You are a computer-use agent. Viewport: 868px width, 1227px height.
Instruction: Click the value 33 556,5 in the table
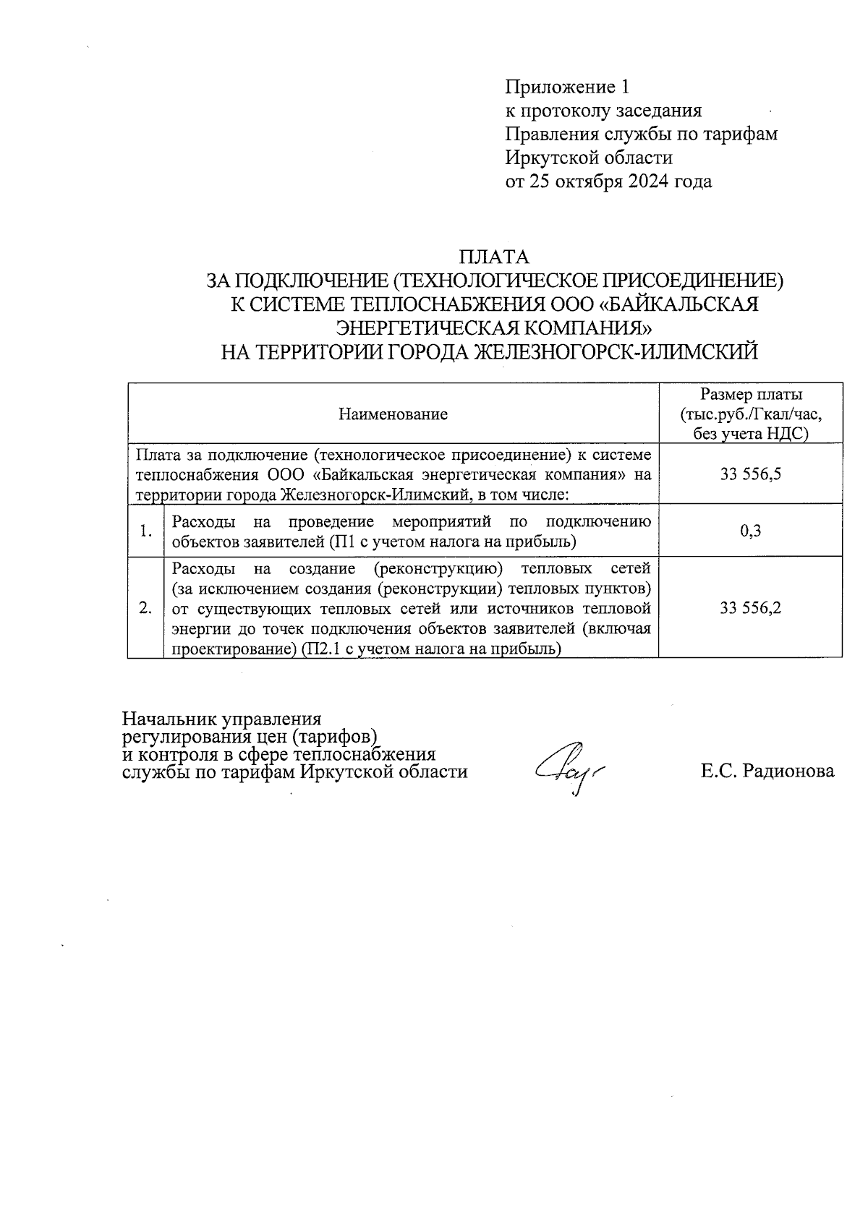[750, 474]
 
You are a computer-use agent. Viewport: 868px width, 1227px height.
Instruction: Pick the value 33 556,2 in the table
[750, 608]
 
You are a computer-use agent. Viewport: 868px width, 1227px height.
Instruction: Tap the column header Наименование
[393, 414]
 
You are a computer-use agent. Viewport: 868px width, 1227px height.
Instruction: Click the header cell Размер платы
[751, 395]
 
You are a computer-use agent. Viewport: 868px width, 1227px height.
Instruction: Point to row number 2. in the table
[145, 608]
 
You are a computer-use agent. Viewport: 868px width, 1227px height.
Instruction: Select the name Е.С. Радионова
[767, 771]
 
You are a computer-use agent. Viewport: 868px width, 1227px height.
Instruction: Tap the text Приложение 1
[566, 87]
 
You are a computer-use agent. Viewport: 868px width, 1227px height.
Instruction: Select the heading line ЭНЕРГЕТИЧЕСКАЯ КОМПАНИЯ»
[495, 328]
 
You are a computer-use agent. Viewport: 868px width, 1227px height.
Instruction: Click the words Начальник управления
[221, 719]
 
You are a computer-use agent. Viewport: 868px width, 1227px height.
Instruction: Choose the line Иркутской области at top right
[588, 158]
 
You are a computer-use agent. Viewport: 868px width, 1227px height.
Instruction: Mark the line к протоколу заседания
[603, 111]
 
